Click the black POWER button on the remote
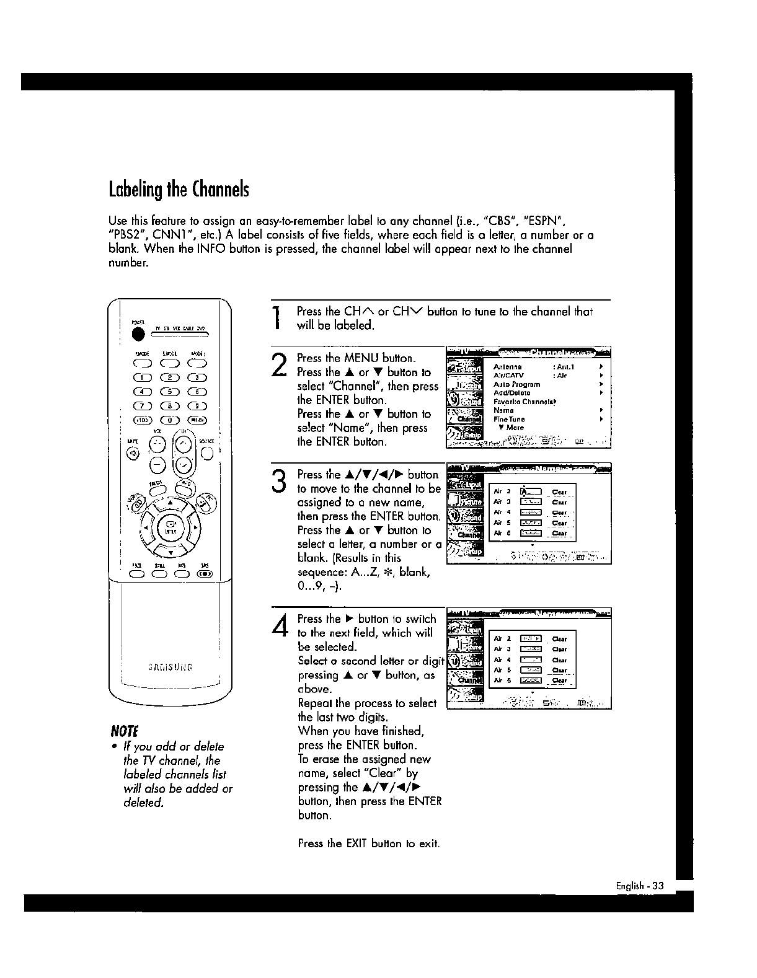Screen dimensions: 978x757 coord(138,333)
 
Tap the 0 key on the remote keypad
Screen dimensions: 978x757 coord(170,420)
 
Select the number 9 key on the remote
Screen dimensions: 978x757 coord(198,407)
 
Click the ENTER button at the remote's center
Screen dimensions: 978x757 coord(170,529)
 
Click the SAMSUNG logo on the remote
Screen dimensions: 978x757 coord(170,667)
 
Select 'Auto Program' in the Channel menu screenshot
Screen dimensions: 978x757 coord(516,384)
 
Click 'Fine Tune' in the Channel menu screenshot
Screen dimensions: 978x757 coord(509,420)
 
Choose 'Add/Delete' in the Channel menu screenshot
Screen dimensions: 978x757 coord(511,393)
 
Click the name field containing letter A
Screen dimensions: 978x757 coord(530,493)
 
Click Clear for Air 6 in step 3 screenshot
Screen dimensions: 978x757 coord(559,533)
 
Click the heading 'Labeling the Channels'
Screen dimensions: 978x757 coord(179,189)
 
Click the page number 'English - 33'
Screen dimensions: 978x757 coord(639,886)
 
